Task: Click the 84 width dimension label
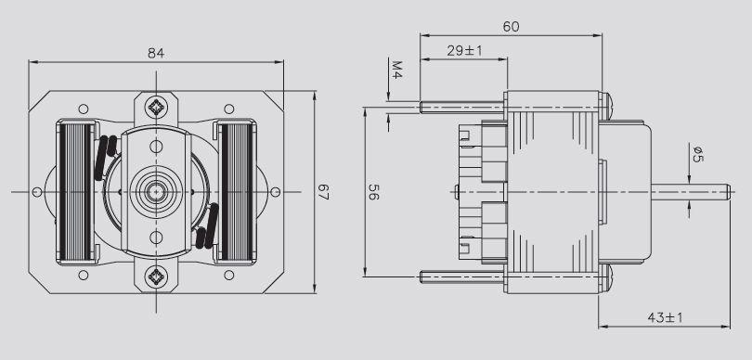click(x=156, y=53)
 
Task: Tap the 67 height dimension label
click(x=323, y=192)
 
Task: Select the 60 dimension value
click(x=511, y=27)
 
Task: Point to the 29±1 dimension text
click(x=464, y=51)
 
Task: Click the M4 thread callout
click(x=396, y=70)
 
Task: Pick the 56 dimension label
click(x=373, y=192)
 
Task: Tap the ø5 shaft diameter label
click(x=698, y=153)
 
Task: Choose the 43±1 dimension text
click(x=665, y=317)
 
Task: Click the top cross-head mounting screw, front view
click(x=156, y=107)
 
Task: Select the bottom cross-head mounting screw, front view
click(x=156, y=276)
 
